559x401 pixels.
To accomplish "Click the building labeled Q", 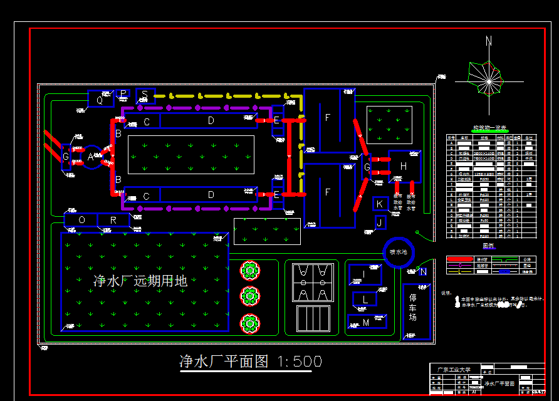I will coord(100,99).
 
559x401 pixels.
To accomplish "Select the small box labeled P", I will coord(123,94).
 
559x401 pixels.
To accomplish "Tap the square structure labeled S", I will coord(145,96).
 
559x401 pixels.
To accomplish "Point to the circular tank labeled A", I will coord(91,157).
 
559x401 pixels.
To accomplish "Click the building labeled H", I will coord(404,166).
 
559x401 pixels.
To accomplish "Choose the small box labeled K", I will coord(380,204).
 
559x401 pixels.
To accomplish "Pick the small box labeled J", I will coord(380,222).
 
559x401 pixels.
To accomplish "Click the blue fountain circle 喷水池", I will coord(399,251).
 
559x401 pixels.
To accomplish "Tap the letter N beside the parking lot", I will coord(423,271).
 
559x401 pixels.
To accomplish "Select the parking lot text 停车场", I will coord(413,308).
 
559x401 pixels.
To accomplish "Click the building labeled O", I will coord(81,220).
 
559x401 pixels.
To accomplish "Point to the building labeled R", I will coord(113,220).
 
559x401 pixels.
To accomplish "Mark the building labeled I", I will coord(364,274).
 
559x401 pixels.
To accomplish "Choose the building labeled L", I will coord(365,299).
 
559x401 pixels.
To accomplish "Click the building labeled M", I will coord(366,322).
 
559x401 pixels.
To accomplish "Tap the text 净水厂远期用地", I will coord(140,281).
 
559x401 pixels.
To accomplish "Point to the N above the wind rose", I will coord(489,42).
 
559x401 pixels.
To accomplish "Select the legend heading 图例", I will coord(489,246).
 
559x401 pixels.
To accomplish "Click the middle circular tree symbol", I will coord(250,296).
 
